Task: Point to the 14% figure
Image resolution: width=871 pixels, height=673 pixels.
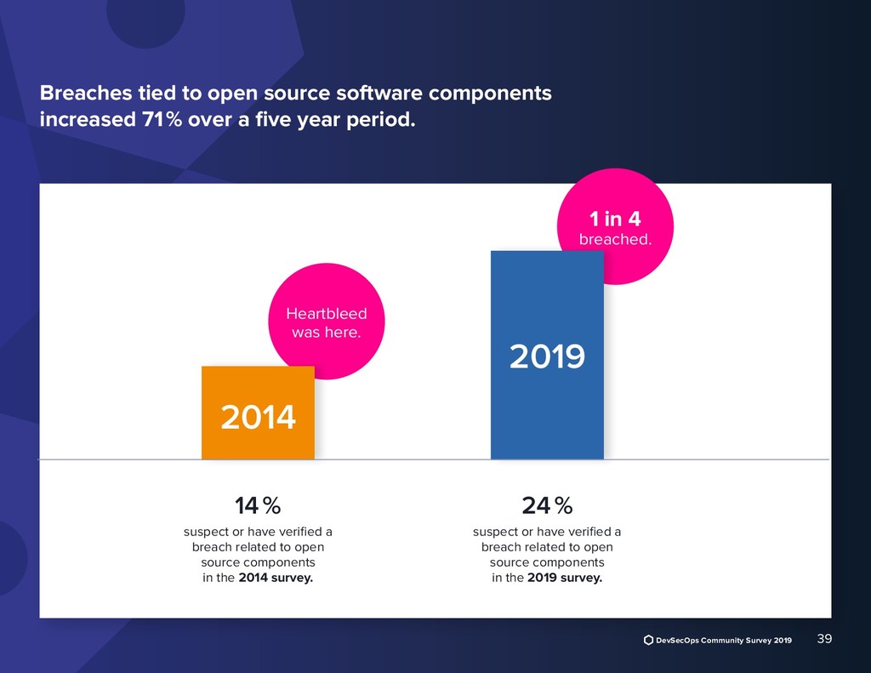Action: coord(258,506)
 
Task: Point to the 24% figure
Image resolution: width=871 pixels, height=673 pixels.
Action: coord(547,506)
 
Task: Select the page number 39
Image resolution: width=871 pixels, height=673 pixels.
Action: coord(823,639)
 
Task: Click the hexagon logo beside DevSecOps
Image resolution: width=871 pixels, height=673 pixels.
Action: coord(648,640)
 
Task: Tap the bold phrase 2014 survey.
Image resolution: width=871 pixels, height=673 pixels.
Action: coord(275,579)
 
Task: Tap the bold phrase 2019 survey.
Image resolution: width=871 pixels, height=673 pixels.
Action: coord(564,579)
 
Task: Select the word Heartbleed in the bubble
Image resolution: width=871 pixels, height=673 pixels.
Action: coord(327,314)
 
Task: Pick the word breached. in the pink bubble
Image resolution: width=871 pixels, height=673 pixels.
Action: coord(615,239)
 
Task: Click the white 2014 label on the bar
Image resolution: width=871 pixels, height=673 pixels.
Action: coord(258,417)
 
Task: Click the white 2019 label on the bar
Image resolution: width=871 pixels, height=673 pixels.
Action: coord(547,356)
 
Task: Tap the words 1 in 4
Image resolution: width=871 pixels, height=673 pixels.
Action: coord(615,219)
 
